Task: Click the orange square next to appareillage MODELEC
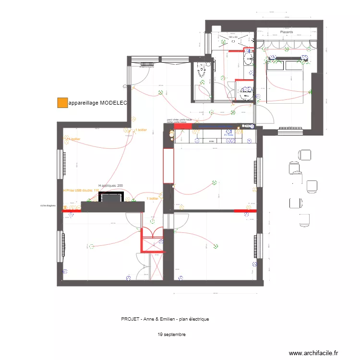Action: [x=62, y=103]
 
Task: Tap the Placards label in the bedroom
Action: [x=287, y=32]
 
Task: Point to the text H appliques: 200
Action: [x=110, y=185]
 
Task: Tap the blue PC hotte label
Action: [x=228, y=135]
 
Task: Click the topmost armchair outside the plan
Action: [x=304, y=155]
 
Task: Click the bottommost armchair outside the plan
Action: [x=304, y=219]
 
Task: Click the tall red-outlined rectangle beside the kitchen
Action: [x=168, y=166]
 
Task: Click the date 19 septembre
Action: [x=171, y=335]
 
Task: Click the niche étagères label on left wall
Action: [x=48, y=205]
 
